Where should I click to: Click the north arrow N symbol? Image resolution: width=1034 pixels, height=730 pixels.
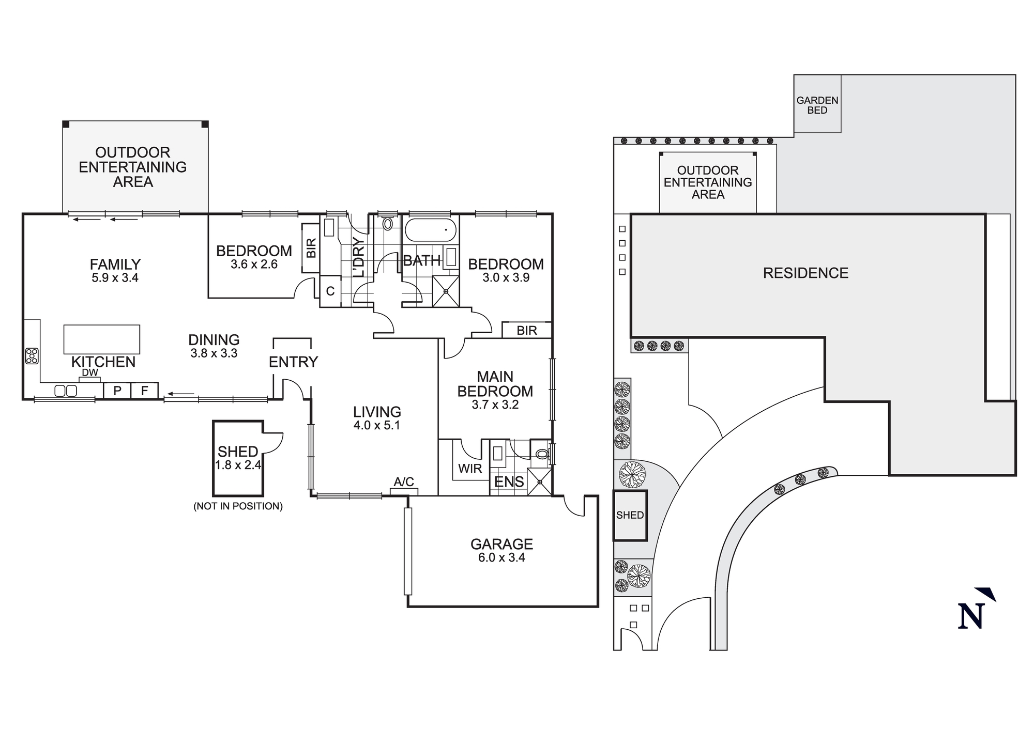[x=970, y=615]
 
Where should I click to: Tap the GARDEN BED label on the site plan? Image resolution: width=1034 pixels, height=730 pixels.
[x=817, y=105]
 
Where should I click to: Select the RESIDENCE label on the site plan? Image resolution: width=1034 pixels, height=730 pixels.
[x=805, y=273]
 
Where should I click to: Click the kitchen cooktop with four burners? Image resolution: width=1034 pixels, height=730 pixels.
[x=32, y=356]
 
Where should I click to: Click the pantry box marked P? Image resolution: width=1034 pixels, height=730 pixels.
[x=117, y=391]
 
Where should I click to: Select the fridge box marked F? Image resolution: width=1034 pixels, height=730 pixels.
[x=145, y=391]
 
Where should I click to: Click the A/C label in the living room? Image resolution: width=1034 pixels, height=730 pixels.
[x=404, y=482]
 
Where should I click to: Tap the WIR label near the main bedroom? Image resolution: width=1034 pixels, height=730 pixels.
[x=470, y=469]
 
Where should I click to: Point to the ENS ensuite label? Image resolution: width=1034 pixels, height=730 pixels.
[x=509, y=482]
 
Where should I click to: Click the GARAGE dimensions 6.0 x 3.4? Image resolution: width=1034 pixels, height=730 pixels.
[x=501, y=557]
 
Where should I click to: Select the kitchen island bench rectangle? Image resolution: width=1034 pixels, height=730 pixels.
[x=102, y=339]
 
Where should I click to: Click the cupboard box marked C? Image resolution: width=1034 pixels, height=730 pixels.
[x=330, y=291]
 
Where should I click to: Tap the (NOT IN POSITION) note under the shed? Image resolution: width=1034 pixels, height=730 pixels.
[x=238, y=506]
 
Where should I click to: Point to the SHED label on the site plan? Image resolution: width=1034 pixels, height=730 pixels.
[x=630, y=515]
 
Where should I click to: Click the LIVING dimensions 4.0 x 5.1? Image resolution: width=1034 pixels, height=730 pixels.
[x=377, y=426]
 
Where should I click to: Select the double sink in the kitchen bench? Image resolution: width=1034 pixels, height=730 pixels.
[x=66, y=391]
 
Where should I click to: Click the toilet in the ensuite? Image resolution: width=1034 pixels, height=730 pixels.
[x=541, y=454]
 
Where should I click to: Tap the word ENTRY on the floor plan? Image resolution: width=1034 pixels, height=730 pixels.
[x=293, y=362]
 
